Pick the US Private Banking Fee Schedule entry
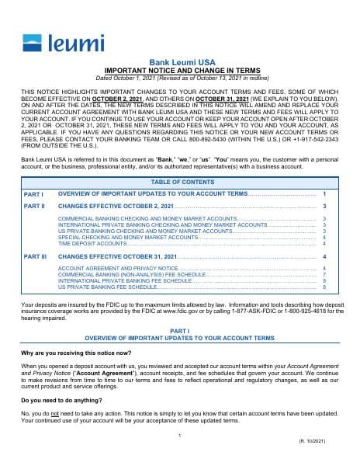(x=108, y=287)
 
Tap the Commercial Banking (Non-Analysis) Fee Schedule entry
(x=132, y=274)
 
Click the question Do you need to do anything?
(x=58, y=400)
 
